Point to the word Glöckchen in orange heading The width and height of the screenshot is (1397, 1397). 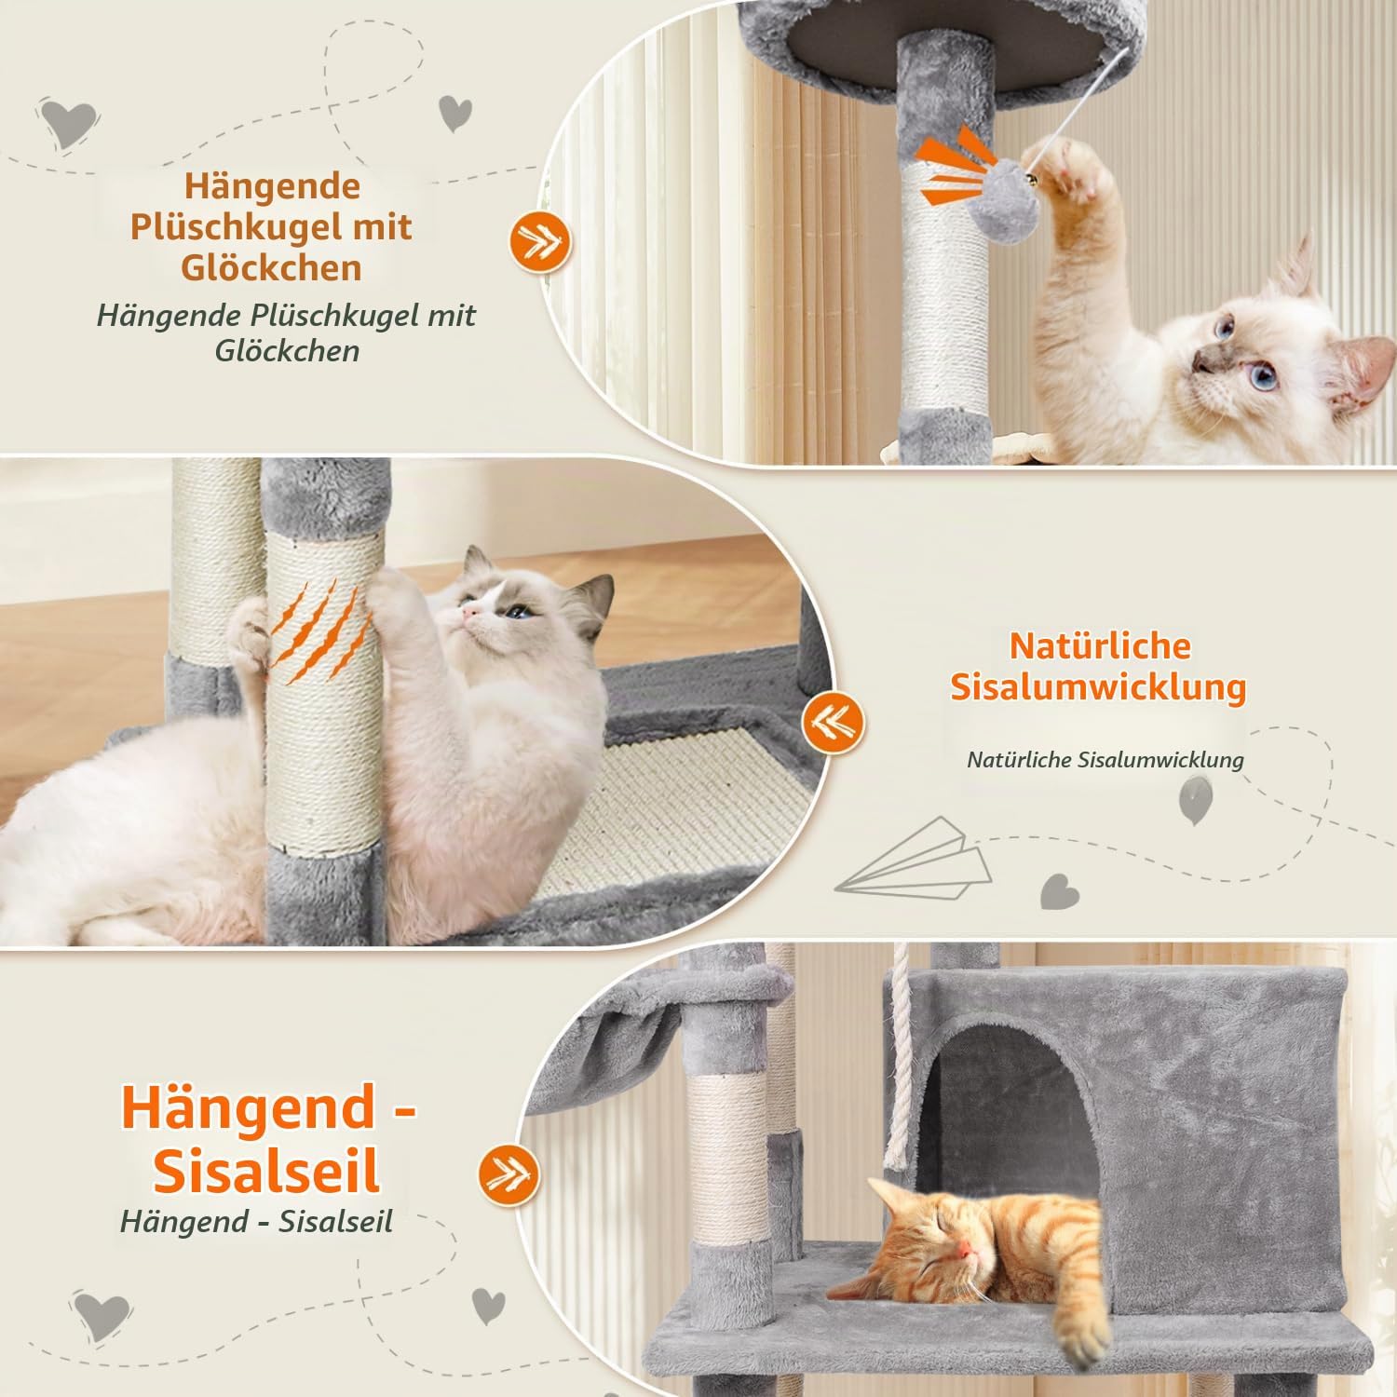click(x=271, y=267)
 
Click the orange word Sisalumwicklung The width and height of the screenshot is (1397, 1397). click(x=1098, y=687)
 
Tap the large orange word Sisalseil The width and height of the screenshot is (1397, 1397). click(x=267, y=1172)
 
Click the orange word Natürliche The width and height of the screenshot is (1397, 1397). click(x=1100, y=645)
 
